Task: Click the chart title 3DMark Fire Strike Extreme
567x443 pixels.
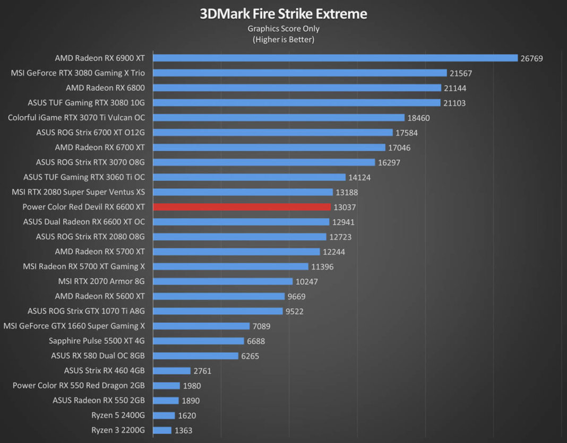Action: click(283, 13)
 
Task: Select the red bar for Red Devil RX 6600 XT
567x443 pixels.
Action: click(242, 207)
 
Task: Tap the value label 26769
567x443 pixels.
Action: click(531, 58)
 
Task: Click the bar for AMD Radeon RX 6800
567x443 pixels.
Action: click(297, 88)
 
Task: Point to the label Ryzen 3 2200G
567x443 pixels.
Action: click(118, 430)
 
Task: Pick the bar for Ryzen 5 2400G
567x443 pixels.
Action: click(164, 415)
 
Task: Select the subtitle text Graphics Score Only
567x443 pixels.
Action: click(283, 29)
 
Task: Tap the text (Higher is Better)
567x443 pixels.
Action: click(283, 39)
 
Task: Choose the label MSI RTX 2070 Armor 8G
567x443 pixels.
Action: click(101, 281)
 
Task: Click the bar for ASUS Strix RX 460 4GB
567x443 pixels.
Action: click(171, 371)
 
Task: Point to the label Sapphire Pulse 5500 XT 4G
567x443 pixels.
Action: click(97, 341)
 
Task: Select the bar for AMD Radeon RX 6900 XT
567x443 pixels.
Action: click(335, 58)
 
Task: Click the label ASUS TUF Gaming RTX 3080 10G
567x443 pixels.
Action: click(86, 102)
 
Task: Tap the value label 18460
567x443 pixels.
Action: click(419, 118)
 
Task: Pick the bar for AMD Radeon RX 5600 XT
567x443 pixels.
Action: click(219, 296)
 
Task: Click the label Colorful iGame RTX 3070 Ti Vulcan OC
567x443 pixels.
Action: click(76, 117)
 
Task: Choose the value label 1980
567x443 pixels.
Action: click(192, 386)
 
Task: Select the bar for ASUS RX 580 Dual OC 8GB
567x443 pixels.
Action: click(195, 356)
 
